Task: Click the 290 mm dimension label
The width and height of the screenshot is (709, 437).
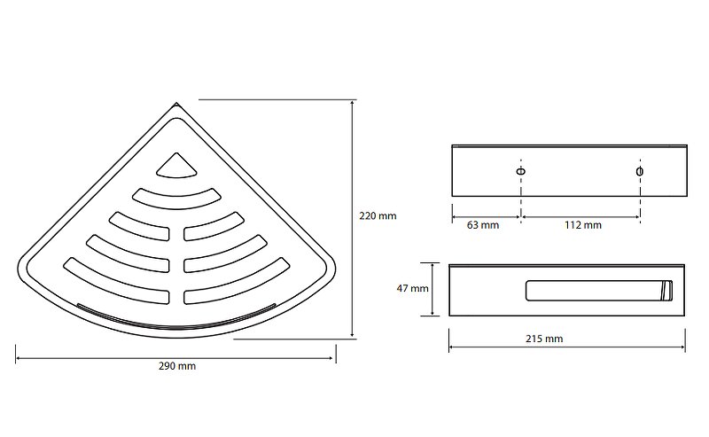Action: coord(176,366)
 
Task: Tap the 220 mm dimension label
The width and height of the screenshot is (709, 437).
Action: coord(378,215)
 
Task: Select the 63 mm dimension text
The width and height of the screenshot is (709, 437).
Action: coord(482,225)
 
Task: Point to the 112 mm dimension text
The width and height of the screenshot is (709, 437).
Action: coord(583,225)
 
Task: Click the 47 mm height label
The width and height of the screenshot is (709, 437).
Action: coord(412,288)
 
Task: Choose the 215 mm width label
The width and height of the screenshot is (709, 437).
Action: coord(544,339)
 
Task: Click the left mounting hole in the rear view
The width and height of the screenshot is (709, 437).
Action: coord(521,171)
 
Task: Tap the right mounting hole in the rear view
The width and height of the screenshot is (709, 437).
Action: coord(640,171)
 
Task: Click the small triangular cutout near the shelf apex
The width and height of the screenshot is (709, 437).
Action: coord(176,168)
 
